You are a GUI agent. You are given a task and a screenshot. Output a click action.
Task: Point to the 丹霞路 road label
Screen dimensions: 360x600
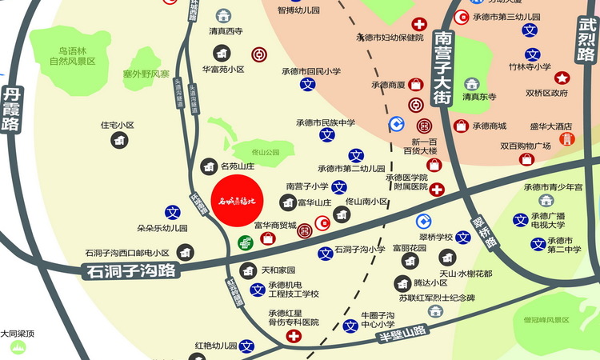[13, 109]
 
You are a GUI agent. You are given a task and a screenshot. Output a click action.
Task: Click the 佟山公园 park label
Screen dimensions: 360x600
[265, 152]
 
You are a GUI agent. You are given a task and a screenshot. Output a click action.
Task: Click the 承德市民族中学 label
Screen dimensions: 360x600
[327, 123]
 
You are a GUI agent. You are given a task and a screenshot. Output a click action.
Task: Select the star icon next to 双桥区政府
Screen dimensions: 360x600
[562, 78]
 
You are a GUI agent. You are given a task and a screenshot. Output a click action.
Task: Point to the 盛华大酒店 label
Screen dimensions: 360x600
[551, 126]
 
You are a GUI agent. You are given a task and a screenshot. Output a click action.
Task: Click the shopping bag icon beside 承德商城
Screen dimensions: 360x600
[461, 126]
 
